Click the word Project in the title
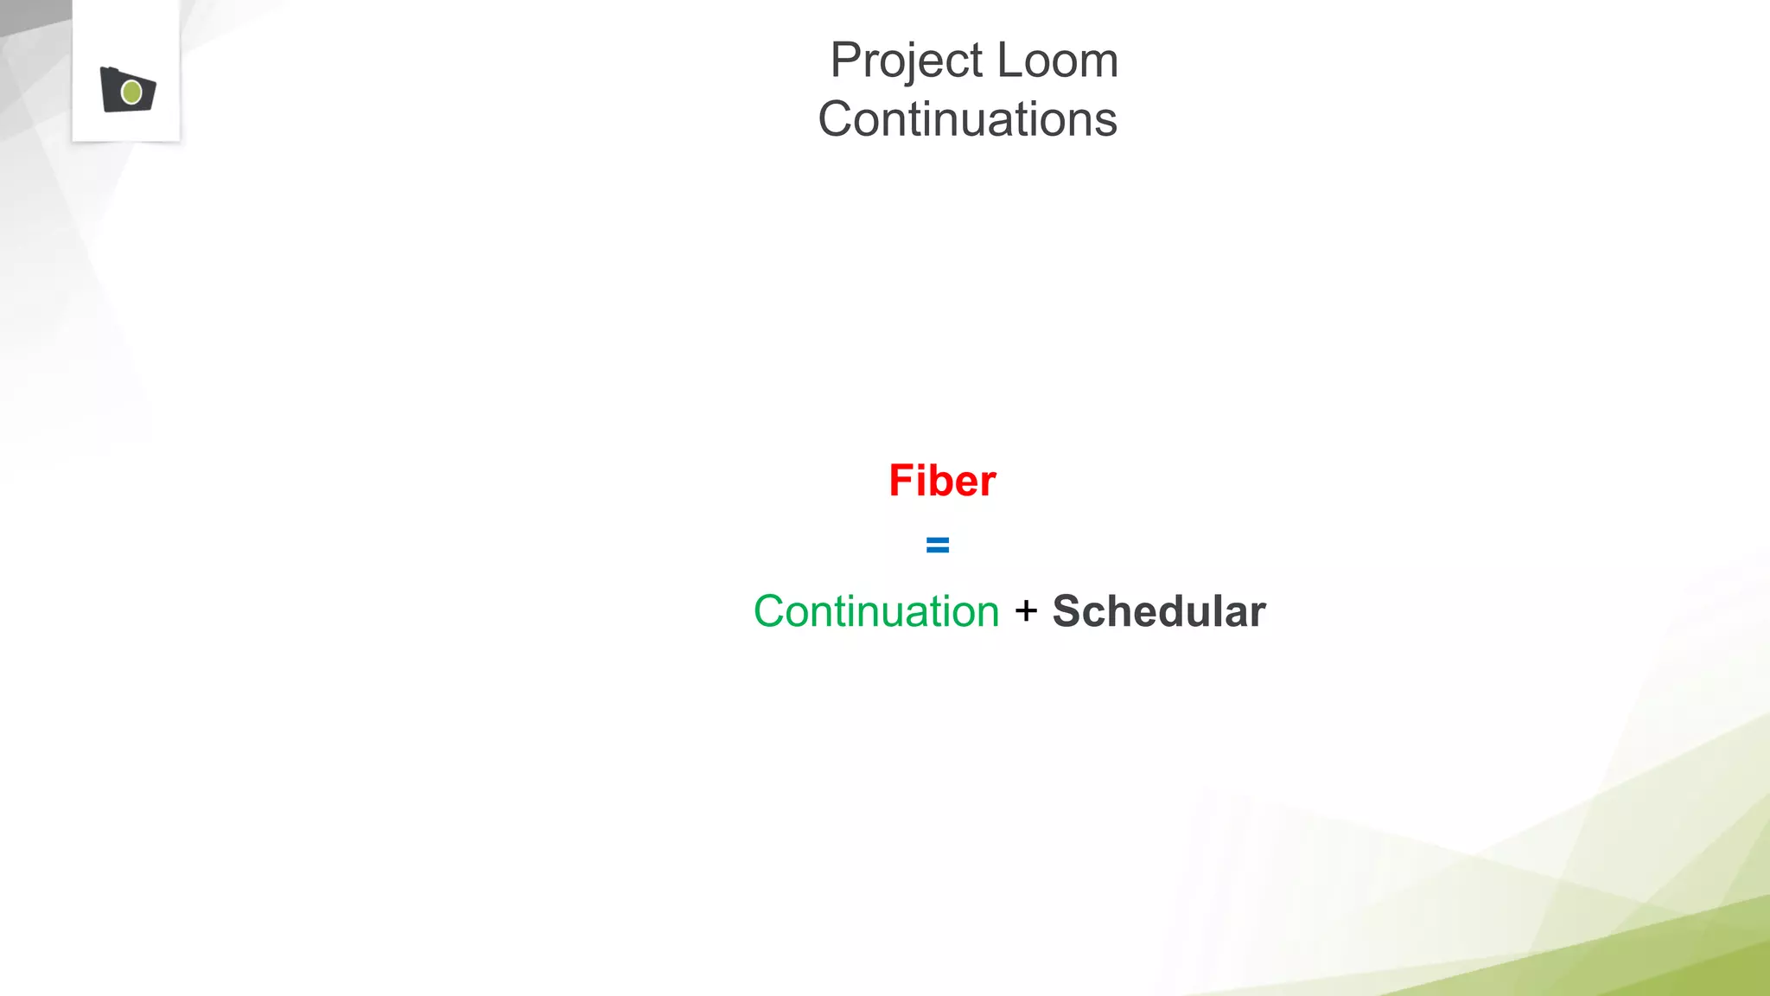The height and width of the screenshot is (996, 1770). (x=907, y=61)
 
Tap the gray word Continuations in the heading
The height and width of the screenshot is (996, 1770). (x=967, y=119)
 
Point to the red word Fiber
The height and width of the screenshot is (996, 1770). (x=942, y=481)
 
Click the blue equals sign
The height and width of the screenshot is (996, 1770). (x=938, y=546)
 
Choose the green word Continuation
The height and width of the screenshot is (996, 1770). (x=876, y=612)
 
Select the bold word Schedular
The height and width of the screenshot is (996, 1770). (x=1159, y=611)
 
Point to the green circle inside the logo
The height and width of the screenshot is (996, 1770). (x=132, y=92)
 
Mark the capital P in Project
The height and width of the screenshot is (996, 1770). (x=845, y=61)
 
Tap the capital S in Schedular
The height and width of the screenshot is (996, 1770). (x=1068, y=612)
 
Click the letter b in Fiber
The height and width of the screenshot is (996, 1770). (x=935, y=481)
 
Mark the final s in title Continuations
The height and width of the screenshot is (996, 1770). (x=1105, y=122)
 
